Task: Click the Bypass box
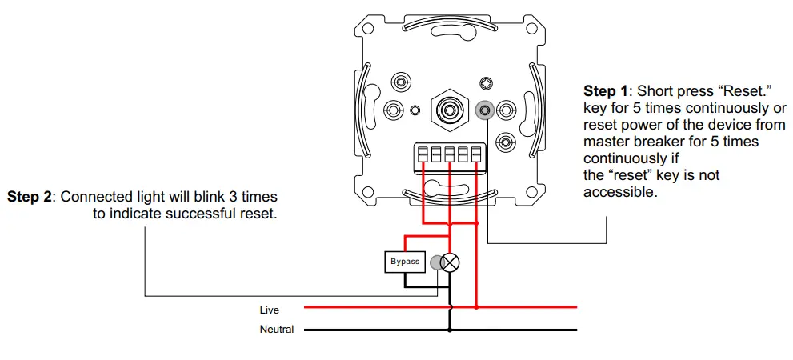404,262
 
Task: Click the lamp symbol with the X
451,262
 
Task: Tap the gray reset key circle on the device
483,110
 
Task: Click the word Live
269,309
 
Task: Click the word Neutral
276,330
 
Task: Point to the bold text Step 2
30,197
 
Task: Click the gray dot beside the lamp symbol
436,262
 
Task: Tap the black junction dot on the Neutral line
451,329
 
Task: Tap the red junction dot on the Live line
476,306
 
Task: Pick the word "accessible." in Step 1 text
620,192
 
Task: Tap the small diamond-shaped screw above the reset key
484,82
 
